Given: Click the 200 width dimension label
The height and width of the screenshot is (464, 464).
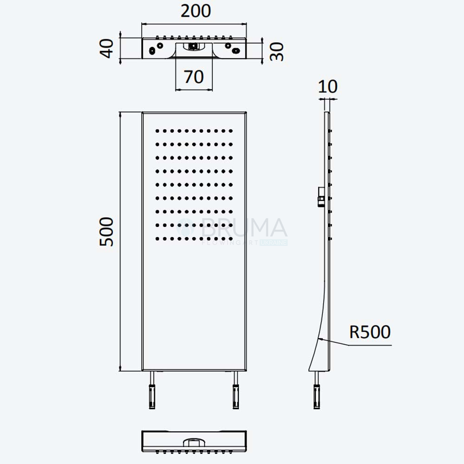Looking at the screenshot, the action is click(x=196, y=11).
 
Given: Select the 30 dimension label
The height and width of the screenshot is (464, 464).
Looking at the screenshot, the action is click(x=277, y=52).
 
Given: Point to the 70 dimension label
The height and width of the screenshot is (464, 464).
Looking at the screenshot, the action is click(x=194, y=77).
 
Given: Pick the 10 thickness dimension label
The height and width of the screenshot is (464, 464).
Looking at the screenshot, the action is click(x=328, y=87).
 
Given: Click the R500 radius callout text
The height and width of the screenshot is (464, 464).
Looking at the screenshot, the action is click(x=370, y=332).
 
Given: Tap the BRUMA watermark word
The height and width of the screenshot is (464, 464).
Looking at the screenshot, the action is click(x=244, y=227).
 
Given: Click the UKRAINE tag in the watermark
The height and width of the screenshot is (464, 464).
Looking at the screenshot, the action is click(x=274, y=243).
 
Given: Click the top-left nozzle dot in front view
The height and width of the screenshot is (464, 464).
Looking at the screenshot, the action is click(x=157, y=131).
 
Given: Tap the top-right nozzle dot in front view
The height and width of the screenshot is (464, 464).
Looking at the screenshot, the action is click(x=231, y=131).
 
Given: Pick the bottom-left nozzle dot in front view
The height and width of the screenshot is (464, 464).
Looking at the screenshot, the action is click(x=157, y=239).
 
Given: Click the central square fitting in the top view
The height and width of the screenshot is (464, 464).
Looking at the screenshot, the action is click(x=193, y=46).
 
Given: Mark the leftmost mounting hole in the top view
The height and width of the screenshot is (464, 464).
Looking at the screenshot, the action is click(x=152, y=51).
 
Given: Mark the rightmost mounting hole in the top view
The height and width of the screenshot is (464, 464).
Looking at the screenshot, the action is click(x=236, y=51).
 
